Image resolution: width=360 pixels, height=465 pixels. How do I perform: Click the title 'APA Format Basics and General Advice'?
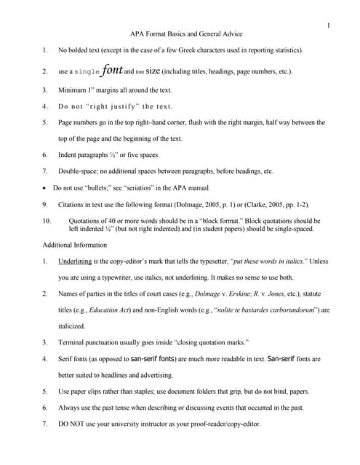point(185,34)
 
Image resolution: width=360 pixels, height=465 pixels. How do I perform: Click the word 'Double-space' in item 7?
point(79,171)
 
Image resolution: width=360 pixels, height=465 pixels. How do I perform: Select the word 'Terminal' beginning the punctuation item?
point(73,341)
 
